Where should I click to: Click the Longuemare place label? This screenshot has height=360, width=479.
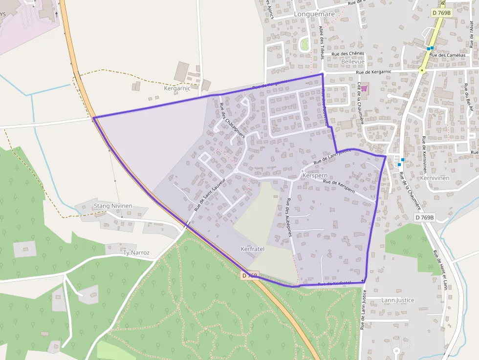tap(314, 14)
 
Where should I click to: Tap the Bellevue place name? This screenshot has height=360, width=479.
tap(353, 62)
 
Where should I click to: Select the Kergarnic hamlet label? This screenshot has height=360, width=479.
tap(176, 89)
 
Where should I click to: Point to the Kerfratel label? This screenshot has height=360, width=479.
tap(253, 249)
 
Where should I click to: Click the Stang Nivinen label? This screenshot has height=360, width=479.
tap(113, 206)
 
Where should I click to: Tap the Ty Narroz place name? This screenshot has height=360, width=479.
tap(136, 253)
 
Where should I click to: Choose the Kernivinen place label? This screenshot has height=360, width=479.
tap(435, 178)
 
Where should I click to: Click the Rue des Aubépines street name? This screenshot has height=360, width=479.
tap(289, 217)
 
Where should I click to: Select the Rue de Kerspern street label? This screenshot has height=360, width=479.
tap(339, 186)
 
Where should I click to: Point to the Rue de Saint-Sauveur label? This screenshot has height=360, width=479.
tap(209, 194)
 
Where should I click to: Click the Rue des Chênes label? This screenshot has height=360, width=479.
tap(348, 54)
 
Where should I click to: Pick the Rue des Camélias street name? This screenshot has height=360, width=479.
tap(447, 55)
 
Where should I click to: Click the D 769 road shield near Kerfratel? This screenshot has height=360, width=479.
tap(249, 276)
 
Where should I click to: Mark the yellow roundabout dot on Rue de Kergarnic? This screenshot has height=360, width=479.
tap(422, 71)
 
